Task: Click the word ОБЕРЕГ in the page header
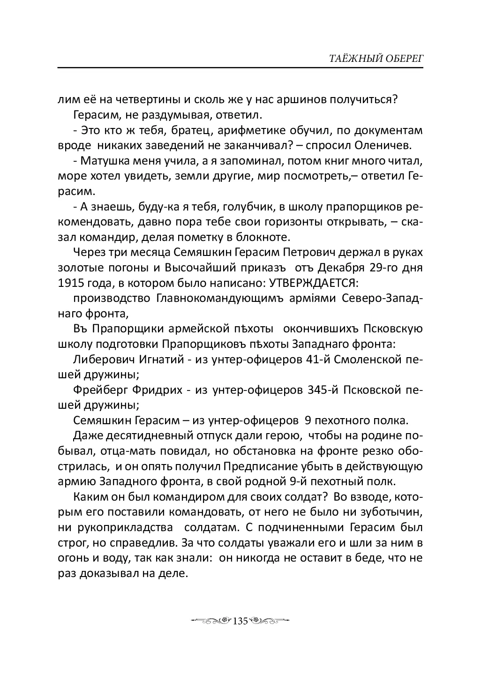point(404,59)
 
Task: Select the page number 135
point(240,621)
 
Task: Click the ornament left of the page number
point(211,621)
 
